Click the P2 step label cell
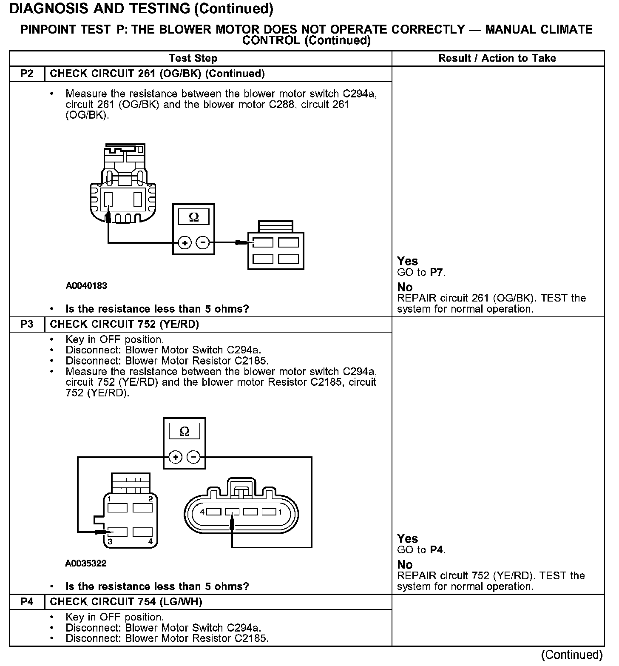(x=27, y=74)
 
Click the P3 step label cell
(x=27, y=324)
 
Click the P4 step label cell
(x=27, y=602)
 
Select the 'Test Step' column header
(x=193, y=58)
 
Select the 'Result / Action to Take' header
(x=497, y=58)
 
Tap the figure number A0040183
(x=86, y=286)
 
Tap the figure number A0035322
(x=86, y=564)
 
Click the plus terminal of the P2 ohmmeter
(x=185, y=243)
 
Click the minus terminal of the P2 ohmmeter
(x=203, y=243)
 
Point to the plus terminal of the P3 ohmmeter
(x=175, y=457)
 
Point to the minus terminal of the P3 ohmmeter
(x=194, y=457)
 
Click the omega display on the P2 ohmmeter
(x=193, y=218)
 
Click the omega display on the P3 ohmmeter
(x=185, y=432)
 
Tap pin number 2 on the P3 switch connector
(x=150, y=498)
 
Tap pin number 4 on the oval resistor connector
(x=203, y=512)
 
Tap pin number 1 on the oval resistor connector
(x=280, y=512)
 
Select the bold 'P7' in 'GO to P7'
(x=437, y=273)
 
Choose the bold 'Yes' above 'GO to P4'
(x=407, y=539)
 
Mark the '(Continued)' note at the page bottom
(x=572, y=655)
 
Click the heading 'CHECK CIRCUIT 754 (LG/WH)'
(x=126, y=602)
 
